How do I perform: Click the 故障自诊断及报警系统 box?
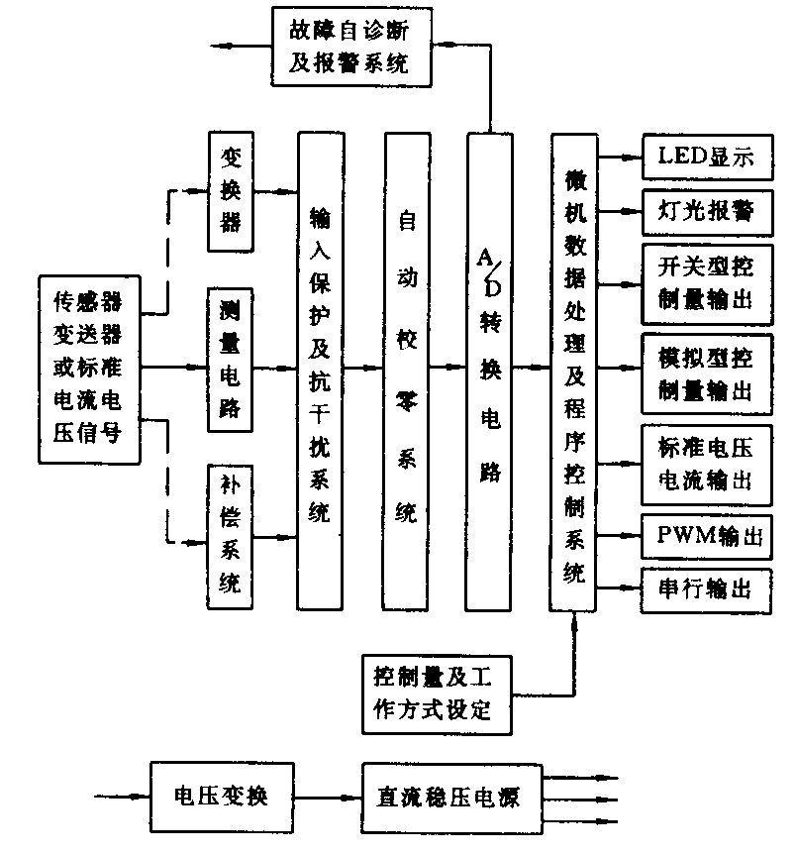(348, 45)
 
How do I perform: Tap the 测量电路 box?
(230, 360)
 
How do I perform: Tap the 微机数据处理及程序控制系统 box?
(575, 372)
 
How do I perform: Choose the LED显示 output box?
(705, 156)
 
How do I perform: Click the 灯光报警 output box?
(705, 210)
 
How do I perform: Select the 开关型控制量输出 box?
(705, 282)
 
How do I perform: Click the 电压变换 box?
(221, 796)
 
